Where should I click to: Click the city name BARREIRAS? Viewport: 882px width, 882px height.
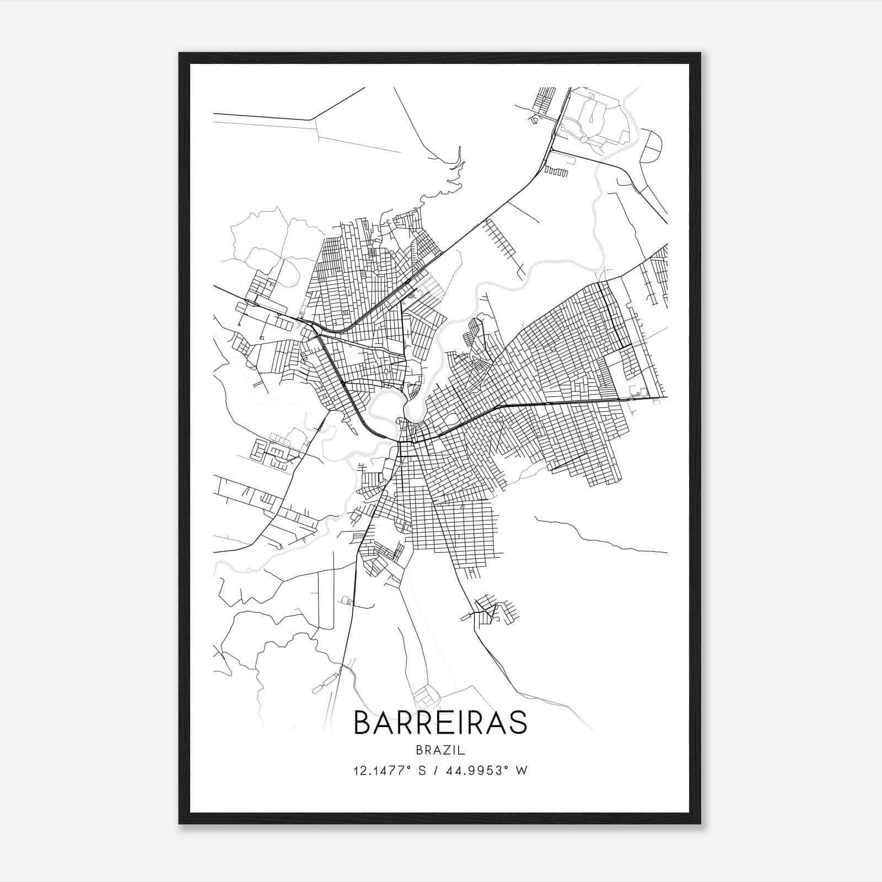(x=440, y=723)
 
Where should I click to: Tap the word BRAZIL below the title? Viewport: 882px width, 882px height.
(x=440, y=750)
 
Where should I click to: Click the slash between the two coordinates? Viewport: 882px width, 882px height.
(x=437, y=771)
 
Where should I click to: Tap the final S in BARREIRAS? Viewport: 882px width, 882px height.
(x=518, y=723)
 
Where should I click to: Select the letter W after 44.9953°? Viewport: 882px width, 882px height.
(x=521, y=771)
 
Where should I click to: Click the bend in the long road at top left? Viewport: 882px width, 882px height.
(x=313, y=119)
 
